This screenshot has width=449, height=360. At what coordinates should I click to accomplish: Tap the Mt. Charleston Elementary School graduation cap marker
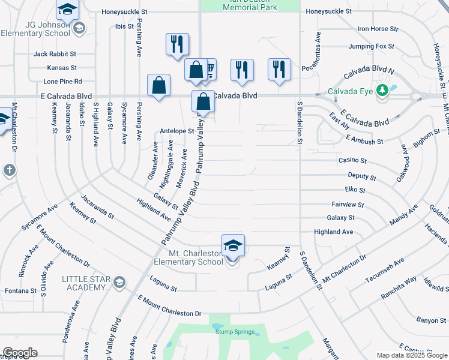coord(233,245)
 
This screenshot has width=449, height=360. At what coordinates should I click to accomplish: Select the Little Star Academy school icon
coord(119,282)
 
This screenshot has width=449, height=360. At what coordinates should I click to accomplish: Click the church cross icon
coord(9,170)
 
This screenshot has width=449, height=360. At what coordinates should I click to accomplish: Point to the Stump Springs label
coord(232,332)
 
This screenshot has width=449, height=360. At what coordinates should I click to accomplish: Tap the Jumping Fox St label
coord(371,46)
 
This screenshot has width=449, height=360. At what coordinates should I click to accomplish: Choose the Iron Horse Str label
coord(378,28)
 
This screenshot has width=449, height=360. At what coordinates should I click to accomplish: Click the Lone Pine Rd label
coord(62,82)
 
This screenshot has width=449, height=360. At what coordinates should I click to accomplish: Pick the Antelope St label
coord(176,131)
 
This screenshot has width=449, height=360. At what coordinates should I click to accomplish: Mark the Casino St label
coord(352,161)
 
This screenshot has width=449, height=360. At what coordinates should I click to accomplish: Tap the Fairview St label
coord(344,205)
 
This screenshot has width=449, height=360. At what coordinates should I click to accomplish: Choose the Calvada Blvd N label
coord(369,75)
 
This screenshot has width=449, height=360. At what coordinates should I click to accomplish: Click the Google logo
coord(20,353)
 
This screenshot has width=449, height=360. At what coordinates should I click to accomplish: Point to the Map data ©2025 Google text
coord(411,355)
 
